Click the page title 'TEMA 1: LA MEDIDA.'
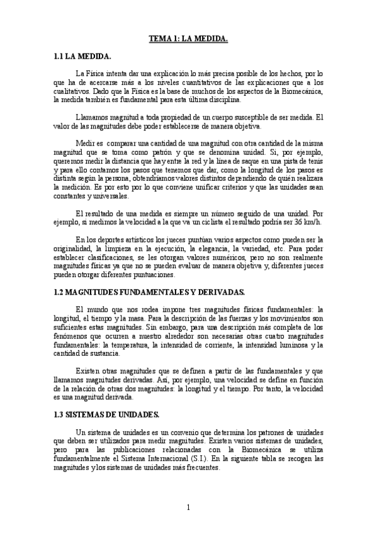(x=188, y=39)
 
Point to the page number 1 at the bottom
(x=188, y=508)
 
